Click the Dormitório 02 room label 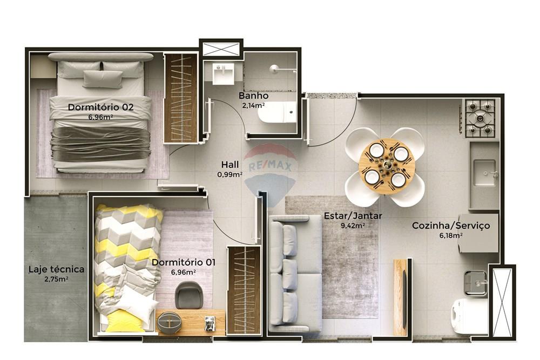100,107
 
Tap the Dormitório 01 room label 184,262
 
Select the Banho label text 254,96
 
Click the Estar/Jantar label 353,216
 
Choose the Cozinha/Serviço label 451,226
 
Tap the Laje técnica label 56,269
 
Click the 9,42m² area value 353,226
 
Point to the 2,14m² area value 254,105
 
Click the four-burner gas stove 480,118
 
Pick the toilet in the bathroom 276,112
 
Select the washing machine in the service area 469,316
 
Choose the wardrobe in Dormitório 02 180,98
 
